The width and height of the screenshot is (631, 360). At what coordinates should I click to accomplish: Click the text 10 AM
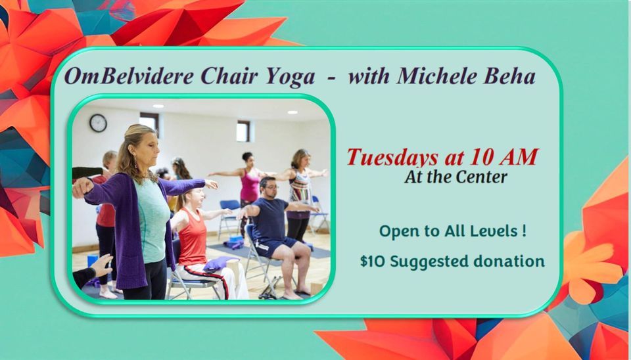tap(507, 157)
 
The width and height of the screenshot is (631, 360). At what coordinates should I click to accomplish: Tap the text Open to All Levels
tap(452, 231)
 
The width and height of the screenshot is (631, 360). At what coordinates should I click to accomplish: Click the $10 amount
tap(372, 261)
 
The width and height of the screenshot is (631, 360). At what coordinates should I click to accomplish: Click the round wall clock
tap(98, 123)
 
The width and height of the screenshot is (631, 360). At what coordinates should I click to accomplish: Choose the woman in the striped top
tap(298, 191)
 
